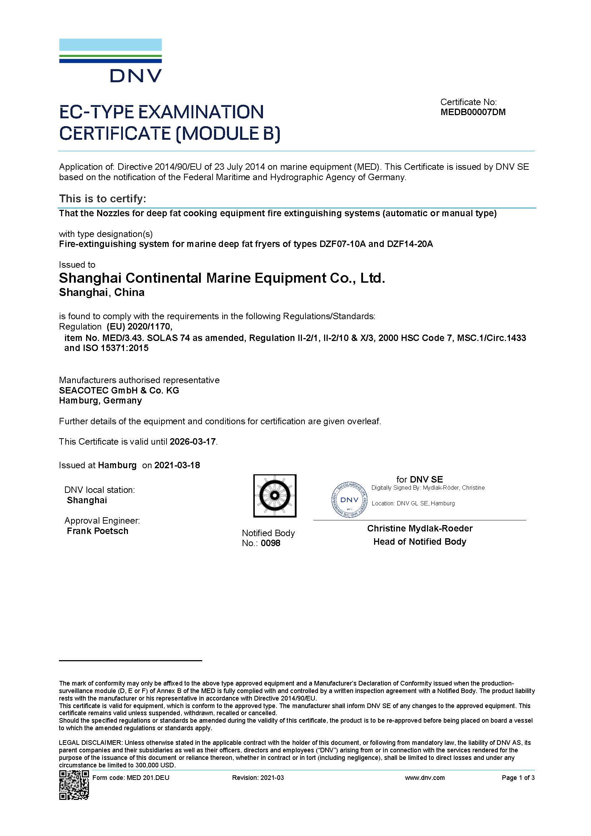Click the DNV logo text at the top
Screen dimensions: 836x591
136,76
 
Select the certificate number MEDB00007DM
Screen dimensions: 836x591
473,112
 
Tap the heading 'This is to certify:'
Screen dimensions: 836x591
102,199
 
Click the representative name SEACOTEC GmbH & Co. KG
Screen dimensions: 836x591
119,390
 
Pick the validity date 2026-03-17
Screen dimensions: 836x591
193,442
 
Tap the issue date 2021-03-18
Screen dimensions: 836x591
177,465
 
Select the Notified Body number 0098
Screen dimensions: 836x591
271,543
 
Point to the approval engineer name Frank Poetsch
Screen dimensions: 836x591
98,531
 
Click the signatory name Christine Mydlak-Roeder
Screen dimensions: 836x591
419,528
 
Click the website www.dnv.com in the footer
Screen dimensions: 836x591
425,778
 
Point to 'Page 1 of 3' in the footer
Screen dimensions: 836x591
518,778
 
